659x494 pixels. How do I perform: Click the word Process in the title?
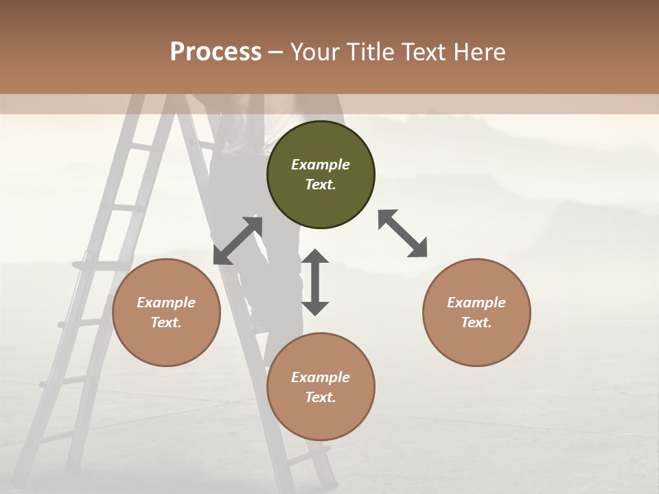216,52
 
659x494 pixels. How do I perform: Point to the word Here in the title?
480,52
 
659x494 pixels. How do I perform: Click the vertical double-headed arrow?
315,282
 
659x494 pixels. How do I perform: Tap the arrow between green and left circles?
238,240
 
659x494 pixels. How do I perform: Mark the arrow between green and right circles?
403,233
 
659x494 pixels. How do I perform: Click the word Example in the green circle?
321,165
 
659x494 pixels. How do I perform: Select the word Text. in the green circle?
321,185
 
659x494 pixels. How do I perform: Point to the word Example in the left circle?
166,303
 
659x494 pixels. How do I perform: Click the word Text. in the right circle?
476,322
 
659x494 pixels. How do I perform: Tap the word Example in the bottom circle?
321,377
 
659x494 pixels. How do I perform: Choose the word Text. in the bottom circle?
321,397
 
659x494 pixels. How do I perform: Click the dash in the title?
276,52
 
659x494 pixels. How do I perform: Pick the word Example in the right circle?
476,303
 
